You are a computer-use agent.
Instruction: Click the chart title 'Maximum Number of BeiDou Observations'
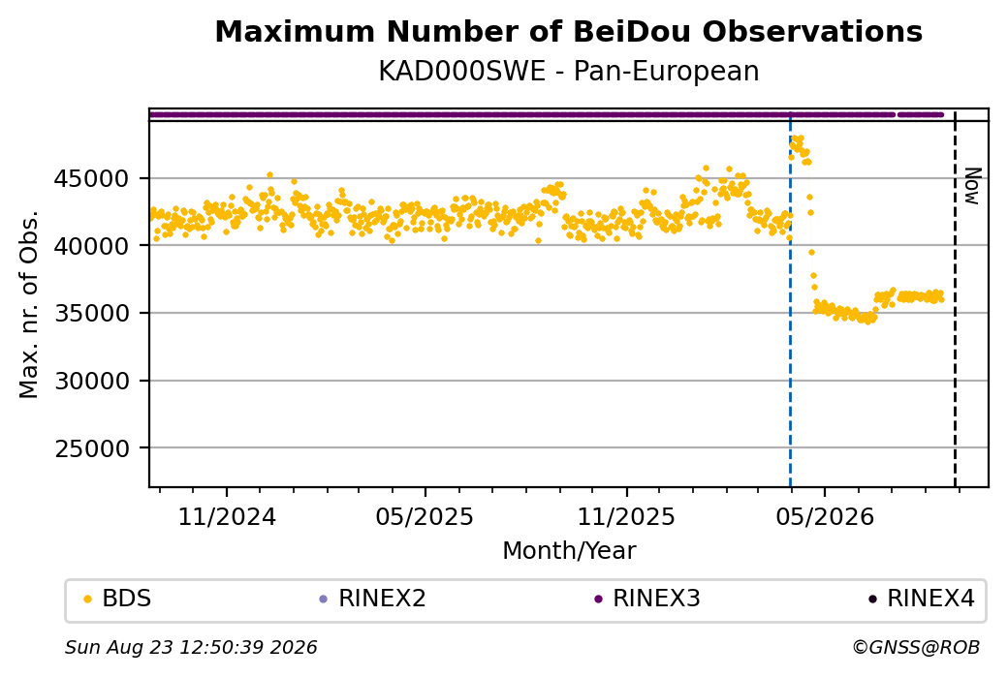coord(568,31)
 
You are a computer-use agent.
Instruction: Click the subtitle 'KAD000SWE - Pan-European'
coord(568,71)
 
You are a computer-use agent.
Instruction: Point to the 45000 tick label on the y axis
coord(92,178)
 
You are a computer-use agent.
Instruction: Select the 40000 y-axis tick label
coord(92,246)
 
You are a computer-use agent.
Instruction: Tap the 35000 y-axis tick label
coord(92,314)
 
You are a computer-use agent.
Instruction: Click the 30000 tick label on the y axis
coord(92,381)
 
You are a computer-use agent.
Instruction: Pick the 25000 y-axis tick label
coord(92,448)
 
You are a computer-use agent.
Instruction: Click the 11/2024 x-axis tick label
coord(226,516)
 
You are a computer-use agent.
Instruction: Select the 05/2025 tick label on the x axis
coord(425,516)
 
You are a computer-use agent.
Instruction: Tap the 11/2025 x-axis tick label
coord(626,516)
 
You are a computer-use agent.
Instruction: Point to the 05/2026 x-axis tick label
coord(825,516)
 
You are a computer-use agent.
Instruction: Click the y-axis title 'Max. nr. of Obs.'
coord(29,304)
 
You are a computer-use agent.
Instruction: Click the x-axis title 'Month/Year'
coord(569,550)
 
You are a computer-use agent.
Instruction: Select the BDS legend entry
coord(119,599)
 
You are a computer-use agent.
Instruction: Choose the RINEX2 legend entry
coord(373,599)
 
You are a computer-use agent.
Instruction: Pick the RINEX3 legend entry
coord(647,599)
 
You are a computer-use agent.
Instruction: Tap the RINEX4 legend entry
coord(922,599)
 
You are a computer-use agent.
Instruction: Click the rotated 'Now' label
coord(973,186)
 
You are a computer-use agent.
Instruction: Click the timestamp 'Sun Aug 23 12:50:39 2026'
coord(191,647)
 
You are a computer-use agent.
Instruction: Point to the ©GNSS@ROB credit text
coord(916,647)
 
